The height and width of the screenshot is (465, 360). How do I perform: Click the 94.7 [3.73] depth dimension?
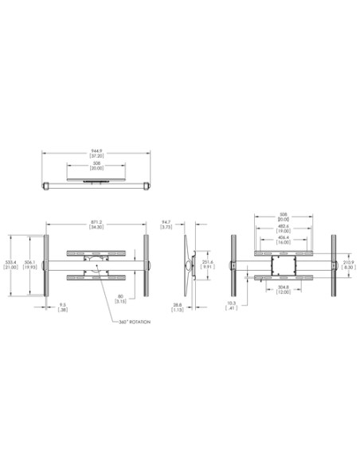point(166,225)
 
